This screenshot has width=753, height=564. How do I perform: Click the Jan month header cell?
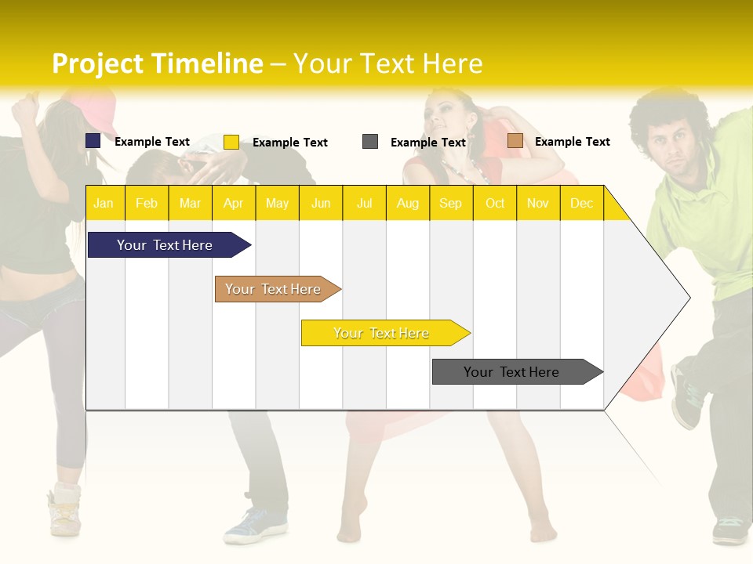[104, 203]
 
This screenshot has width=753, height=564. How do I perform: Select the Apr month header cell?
[234, 203]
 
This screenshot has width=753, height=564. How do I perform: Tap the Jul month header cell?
[364, 203]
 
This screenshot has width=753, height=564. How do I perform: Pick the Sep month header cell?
[450, 203]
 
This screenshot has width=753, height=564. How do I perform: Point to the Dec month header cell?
[581, 203]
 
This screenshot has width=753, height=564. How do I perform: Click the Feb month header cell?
[147, 203]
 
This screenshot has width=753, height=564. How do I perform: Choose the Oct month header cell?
[495, 203]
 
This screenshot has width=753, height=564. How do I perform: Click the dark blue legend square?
[93, 141]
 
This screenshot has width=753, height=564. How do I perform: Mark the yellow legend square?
[231, 142]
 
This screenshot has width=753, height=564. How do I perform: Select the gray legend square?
[370, 142]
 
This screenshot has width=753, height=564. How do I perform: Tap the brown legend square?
[515, 141]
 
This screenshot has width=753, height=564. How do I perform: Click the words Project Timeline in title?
[158, 63]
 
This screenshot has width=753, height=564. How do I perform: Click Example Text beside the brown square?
[572, 142]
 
